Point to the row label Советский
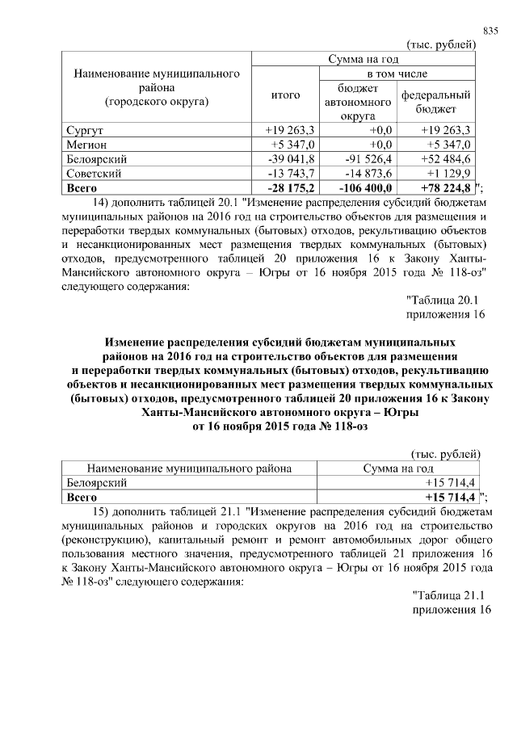point(93,173)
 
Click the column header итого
point(284,95)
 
